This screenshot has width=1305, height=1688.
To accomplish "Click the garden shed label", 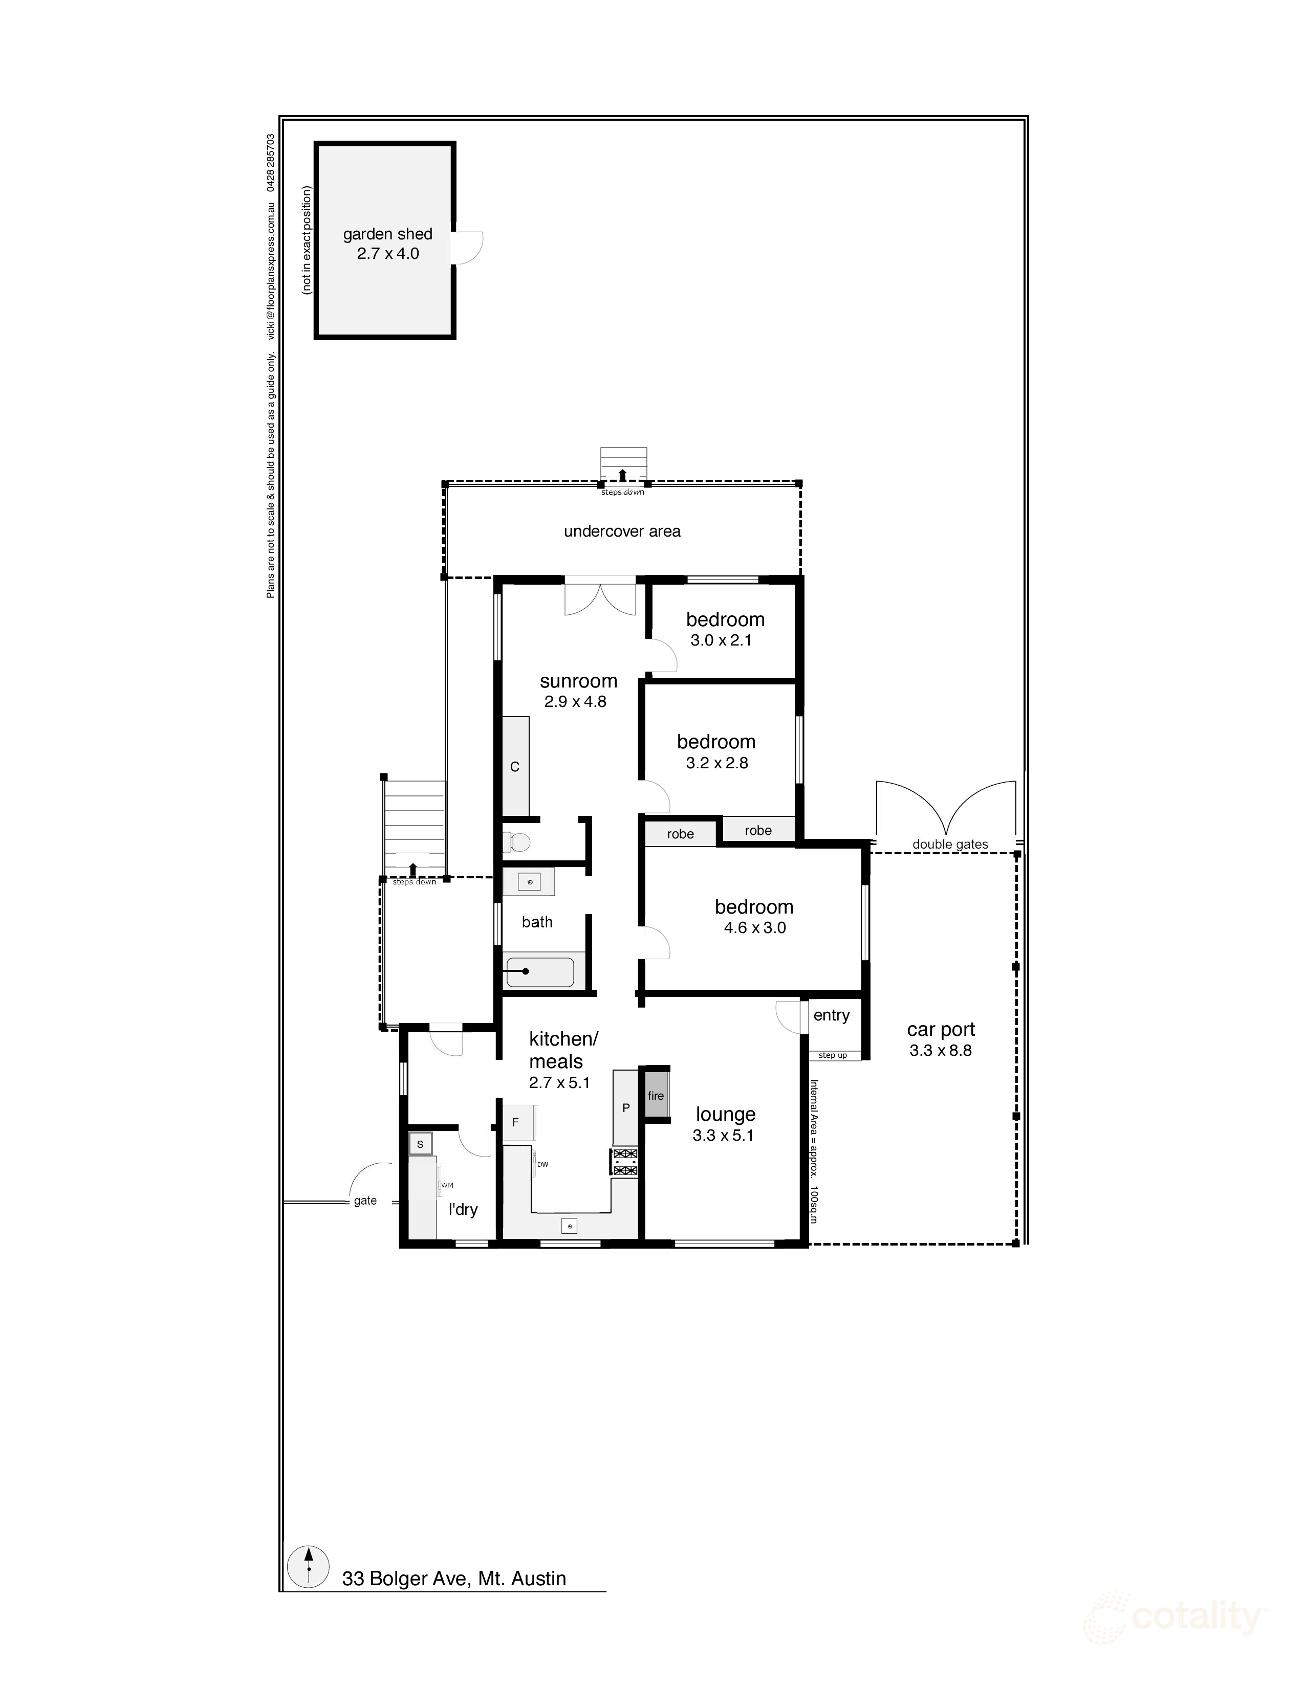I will (x=387, y=234).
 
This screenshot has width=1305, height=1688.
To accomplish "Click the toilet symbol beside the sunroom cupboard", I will (x=516, y=841).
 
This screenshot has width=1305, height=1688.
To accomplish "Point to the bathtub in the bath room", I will (x=539, y=971).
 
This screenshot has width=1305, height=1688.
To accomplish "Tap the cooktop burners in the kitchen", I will (x=625, y=1162).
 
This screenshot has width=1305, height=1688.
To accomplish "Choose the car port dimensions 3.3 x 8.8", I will (x=940, y=1050).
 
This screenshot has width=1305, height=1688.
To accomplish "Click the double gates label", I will (x=949, y=844).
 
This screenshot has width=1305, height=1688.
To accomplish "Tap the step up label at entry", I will (x=833, y=1055).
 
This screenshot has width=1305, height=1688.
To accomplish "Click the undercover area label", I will (x=622, y=531).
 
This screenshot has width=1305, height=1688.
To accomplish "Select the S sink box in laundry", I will (x=420, y=1144).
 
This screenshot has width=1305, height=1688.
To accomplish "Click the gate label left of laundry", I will (x=365, y=1201).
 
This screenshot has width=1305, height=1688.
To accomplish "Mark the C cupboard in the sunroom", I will (x=515, y=767).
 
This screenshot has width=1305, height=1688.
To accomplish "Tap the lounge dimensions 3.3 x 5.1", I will (x=723, y=1136).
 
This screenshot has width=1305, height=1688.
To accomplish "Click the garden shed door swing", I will (x=468, y=248).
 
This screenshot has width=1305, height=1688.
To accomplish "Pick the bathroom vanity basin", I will (x=530, y=882).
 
